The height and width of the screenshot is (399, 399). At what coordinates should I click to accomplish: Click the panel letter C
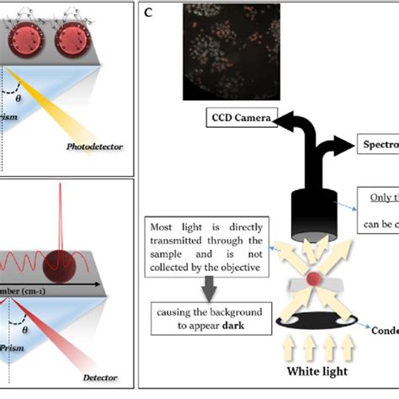point(149,13)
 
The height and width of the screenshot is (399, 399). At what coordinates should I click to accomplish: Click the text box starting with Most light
point(206,248)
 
